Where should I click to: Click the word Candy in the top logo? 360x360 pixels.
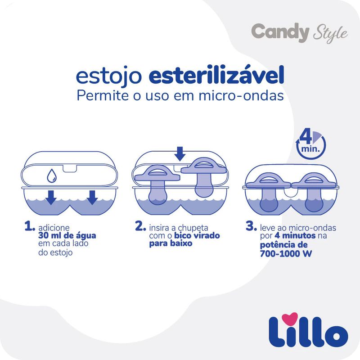coord(280,32)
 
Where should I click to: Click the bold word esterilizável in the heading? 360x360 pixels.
coord(216,75)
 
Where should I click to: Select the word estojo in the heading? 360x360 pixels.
coord(109,76)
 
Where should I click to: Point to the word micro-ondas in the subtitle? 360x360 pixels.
coord(241,95)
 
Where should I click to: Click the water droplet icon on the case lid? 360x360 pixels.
coord(52,176)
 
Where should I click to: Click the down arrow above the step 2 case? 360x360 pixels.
coord(180,154)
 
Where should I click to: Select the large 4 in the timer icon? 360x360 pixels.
coord(306,138)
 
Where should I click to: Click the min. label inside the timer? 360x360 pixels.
coord(310,149)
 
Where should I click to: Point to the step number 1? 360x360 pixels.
coord(30,226)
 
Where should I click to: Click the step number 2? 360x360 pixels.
coord(140,226)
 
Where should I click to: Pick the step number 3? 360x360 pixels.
coord(251,226)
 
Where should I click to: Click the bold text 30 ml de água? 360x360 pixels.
coord(67,236)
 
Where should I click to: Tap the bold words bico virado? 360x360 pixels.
coord(197,235)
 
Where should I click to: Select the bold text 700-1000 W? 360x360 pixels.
coord(286,253)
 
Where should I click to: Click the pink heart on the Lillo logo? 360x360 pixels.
coord(290,318)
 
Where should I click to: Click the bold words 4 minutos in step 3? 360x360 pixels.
coord(295,235)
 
